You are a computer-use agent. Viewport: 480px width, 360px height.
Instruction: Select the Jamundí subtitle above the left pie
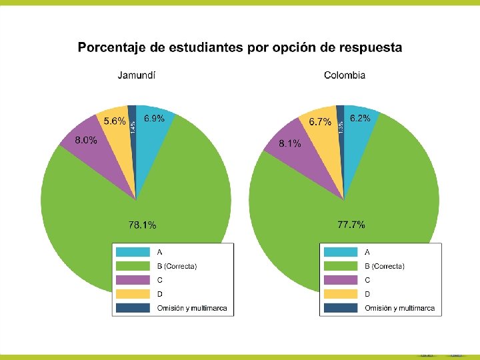(137, 75)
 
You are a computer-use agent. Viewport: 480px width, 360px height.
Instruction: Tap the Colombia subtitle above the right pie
(344, 75)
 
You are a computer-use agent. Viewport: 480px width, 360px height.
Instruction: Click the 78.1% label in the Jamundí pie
(143, 225)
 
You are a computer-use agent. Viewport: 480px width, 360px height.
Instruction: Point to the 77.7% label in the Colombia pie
(351, 225)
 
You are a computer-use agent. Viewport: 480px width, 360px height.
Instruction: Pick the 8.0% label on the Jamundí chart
(85, 140)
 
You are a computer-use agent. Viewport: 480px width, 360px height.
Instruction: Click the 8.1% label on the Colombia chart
(289, 143)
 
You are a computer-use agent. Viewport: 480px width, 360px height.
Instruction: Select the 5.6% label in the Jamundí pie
(114, 121)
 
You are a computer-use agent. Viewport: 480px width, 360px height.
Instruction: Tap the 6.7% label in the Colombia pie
(320, 122)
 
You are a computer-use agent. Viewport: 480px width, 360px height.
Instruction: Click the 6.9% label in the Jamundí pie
(154, 119)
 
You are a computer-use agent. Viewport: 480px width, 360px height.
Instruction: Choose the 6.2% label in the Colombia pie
(360, 118)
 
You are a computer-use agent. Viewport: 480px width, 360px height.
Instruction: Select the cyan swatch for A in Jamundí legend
(133, 252)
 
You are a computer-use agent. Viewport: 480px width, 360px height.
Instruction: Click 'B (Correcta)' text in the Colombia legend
(385, 266)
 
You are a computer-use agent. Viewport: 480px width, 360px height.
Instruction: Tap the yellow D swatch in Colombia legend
(341, 294)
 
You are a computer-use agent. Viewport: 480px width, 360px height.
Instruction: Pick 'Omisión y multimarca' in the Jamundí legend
(192, 308)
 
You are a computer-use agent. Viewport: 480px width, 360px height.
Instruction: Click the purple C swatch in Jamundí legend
(133, 280)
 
